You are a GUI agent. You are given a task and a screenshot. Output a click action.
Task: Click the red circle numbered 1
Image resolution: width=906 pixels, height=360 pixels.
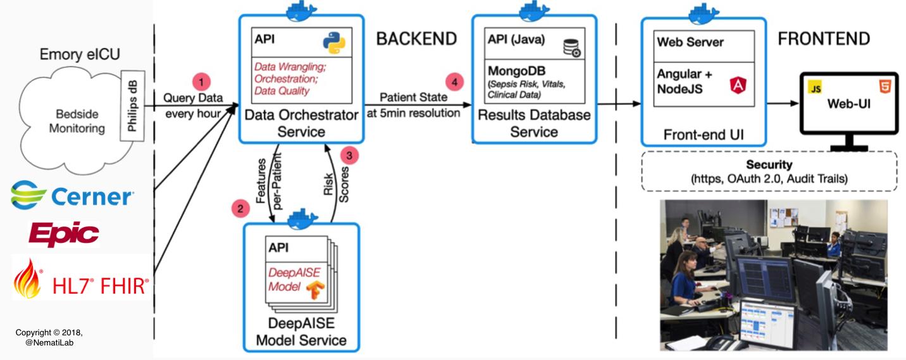201,82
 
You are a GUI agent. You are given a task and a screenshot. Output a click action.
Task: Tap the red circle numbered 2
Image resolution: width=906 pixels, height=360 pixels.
240,209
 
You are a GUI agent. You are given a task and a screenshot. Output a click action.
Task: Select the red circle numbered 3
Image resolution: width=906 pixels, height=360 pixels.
349,156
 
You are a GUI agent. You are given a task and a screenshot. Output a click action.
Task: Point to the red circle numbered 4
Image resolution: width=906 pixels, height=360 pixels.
455,82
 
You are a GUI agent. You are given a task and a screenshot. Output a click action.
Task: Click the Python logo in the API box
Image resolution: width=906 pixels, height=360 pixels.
334,42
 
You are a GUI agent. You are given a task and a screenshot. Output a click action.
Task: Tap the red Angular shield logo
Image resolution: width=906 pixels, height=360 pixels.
738,85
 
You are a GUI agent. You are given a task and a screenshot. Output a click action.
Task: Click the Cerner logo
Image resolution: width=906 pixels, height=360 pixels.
72,196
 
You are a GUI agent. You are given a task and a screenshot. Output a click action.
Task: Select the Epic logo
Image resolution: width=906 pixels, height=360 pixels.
64,234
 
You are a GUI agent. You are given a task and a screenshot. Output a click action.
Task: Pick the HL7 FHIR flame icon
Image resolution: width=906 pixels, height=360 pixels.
27,279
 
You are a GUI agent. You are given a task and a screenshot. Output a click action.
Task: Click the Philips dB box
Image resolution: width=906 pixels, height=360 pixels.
132,106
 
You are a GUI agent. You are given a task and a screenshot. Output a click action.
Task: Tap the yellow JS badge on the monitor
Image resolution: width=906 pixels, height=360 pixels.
815,88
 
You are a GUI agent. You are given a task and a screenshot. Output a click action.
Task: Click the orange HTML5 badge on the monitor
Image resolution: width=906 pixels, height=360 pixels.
885,87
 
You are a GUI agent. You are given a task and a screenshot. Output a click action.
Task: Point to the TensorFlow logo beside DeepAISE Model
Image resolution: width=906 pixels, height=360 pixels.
316,290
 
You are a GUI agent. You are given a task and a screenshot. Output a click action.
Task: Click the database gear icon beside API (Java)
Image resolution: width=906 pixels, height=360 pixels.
573,47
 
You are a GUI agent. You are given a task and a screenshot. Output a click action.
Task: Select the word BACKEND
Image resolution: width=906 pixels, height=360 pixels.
416,39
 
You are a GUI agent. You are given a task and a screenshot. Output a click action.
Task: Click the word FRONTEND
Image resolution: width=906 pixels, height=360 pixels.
824,39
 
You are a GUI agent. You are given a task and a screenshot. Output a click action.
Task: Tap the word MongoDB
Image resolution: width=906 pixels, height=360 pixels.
516,71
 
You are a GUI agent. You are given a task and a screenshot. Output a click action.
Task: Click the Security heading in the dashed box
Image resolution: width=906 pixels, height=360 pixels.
769,164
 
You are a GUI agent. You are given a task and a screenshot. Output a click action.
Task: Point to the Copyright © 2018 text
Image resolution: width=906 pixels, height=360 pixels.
49,333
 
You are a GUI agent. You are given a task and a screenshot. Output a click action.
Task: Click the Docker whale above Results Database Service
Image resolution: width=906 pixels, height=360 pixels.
534,11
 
